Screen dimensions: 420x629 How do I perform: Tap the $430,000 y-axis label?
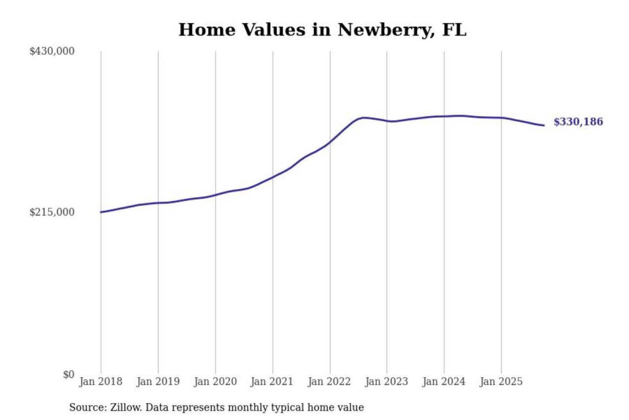point(52,51)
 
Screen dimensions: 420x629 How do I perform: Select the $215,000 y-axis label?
point(52,212)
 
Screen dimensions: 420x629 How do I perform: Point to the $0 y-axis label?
point(69,374)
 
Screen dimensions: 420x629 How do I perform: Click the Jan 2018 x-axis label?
point(100,381)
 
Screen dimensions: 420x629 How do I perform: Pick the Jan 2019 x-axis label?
point(158,381)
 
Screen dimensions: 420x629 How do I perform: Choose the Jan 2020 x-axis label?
point(215,381)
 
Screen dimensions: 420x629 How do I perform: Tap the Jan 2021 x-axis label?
point(272,381)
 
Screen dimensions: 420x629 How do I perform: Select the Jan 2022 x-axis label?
point(329,381)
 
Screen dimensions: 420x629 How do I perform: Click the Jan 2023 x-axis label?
point(386,381)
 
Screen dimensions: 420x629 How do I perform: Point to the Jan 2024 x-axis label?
point(444,381)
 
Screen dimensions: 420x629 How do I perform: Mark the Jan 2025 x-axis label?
point(501,381)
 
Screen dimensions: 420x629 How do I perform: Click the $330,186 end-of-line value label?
point(578,122)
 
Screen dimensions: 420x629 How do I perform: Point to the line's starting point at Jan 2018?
point(101,212)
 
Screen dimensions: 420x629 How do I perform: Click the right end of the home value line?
point(544,126)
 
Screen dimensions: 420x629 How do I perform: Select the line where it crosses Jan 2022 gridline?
point(330,142)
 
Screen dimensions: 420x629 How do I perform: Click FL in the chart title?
point(454,30)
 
